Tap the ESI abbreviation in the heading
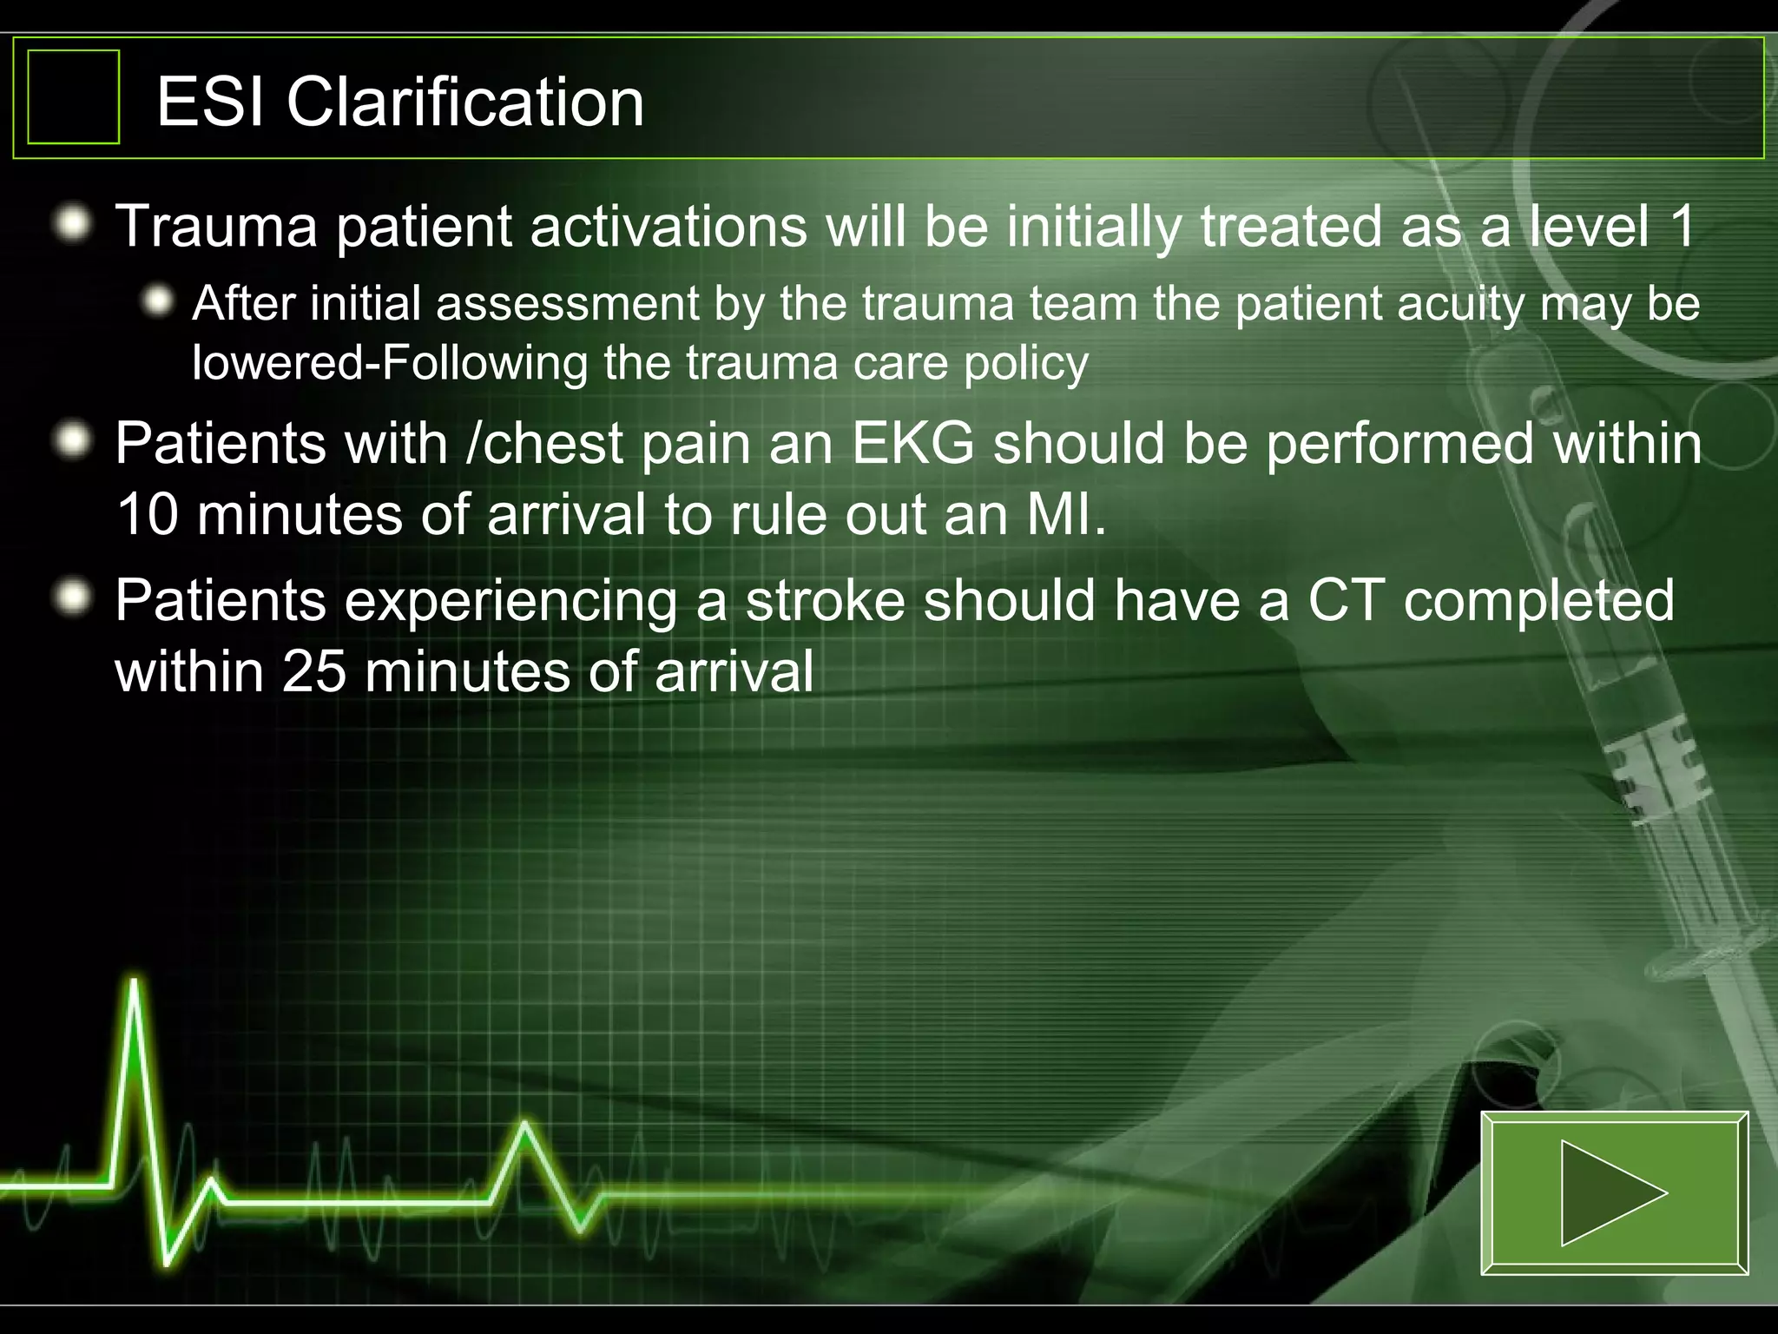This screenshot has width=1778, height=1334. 211,102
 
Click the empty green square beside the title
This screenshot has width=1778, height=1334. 74,96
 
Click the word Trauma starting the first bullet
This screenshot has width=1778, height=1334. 216,226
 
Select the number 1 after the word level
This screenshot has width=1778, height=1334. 1681,226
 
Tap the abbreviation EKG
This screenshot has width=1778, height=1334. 912,444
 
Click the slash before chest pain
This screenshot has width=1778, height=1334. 473,444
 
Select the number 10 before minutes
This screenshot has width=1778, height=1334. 147,514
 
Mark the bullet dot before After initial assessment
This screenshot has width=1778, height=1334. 159,302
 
